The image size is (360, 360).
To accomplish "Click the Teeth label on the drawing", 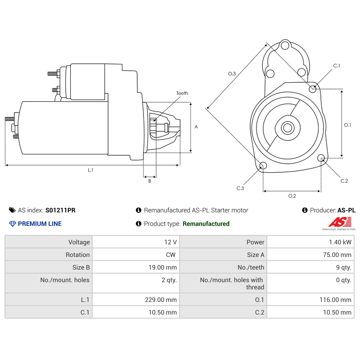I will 182,93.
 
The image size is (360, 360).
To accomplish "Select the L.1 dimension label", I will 90,170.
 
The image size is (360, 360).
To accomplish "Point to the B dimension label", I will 149,181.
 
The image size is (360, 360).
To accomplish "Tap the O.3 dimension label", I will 232,73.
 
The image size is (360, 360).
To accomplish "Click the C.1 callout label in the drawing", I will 336,66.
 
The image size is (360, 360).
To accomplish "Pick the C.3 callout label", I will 240,188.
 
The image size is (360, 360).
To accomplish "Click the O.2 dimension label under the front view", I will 292,196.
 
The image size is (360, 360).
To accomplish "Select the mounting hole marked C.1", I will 313,89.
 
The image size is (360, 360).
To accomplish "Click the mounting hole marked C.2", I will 321,157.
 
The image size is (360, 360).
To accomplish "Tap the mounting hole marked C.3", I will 263,166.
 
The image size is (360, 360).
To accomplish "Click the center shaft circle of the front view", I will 287,128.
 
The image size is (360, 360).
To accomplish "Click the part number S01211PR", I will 60,210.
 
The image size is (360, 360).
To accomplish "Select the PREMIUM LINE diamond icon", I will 13,224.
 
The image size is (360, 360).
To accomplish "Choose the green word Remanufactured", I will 206,224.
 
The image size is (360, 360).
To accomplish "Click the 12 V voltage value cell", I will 171,242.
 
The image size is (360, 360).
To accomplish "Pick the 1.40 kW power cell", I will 340,242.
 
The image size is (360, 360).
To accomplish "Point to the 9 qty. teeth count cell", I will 343,267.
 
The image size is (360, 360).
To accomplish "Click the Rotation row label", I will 77,255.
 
